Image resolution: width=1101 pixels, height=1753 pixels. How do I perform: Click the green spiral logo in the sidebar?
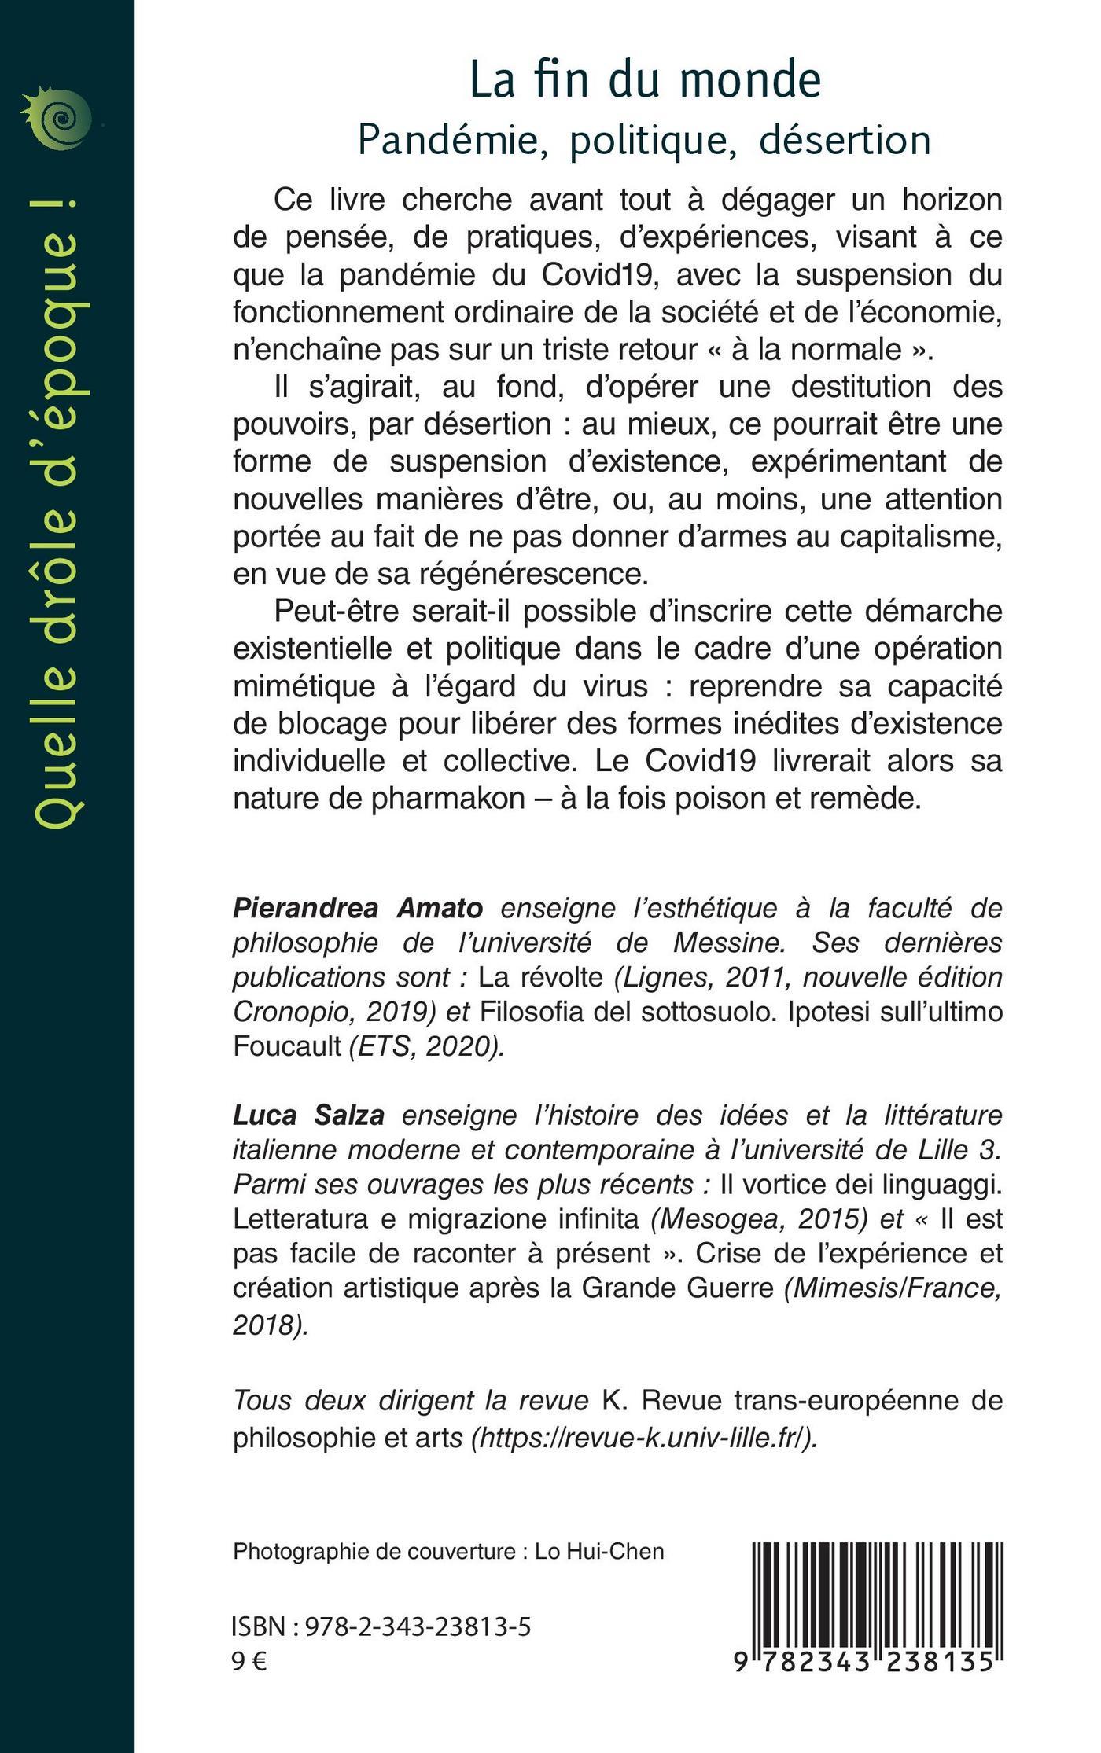[x=59, y=118]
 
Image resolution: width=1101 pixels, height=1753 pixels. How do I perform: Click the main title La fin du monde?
[x=645, y=80]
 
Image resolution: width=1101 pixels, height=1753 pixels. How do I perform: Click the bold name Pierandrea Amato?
[x=358, y=908]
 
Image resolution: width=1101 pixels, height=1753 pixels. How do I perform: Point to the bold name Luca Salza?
[x=308, y=1115]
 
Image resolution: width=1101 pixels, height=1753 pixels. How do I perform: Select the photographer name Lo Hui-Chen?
[x=599, y=1551]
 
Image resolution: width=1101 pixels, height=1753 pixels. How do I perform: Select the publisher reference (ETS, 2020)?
[x=426, y=1047]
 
